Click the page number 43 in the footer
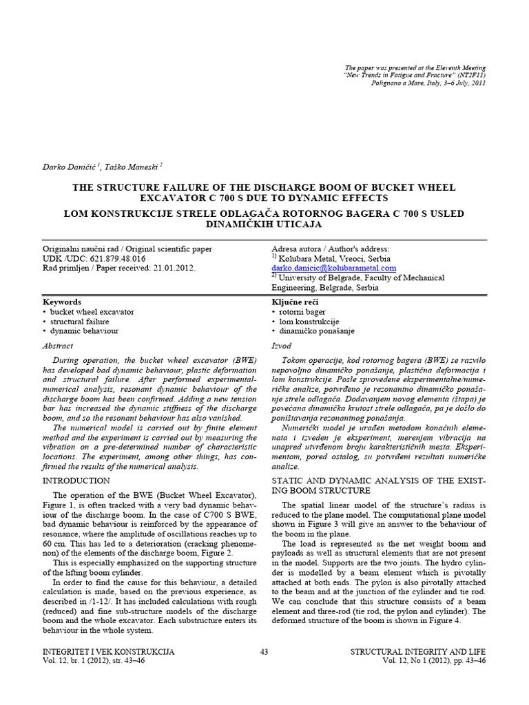coord(264,651)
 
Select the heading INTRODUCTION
coord(72,479)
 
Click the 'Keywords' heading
coord(62,302)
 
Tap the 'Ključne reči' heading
coord(295,302)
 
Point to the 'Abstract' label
coord(57,346)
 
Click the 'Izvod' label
coord(282,346)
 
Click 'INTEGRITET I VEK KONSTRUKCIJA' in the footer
coord(108,651)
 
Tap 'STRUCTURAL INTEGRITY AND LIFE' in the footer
coord(418,651)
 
